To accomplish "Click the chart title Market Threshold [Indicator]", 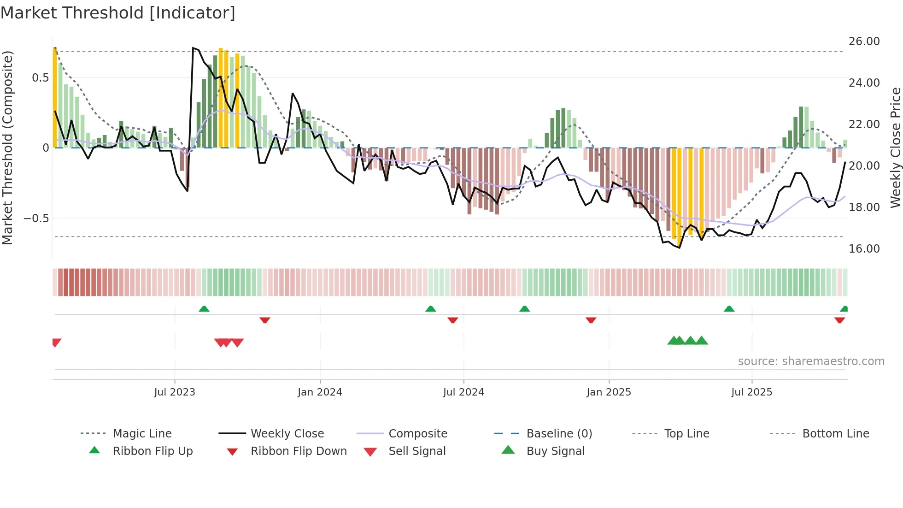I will coord(118,13).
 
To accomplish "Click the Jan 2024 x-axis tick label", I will coord(320,392).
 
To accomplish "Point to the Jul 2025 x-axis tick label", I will coord(751,392).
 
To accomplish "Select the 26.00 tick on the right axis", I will coord(864,41).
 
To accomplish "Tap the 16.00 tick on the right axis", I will coord(864,249).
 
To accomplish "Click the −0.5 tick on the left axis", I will coord(36,219).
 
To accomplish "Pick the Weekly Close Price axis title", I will coord(895,148).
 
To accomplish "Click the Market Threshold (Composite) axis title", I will coord(7,148).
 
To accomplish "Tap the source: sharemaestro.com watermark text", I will coord(811,361).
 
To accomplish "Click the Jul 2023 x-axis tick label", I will coord(175,392).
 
